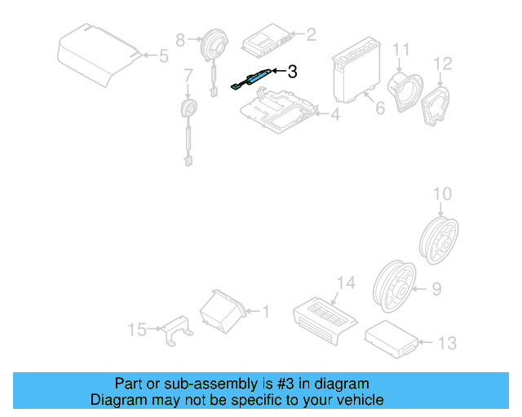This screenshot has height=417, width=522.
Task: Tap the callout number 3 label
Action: (292, 72)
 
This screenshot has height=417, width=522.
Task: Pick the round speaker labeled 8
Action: (215, 43)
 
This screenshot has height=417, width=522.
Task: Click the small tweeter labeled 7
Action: (189, 109)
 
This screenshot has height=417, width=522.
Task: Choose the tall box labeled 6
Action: (356, 72)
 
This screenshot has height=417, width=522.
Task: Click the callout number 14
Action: (346, 283)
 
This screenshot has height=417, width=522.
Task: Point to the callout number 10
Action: (441, 193)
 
